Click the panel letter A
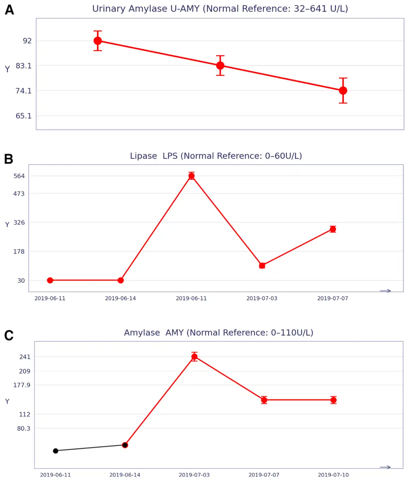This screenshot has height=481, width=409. pyautogui.click(x=9, y=10)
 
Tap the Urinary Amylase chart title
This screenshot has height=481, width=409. pyautogui.click(x=220, y=9)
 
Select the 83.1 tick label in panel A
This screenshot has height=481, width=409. pyautogui.click(x=24, y=66)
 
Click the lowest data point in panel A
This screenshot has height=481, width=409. pyautogui.click(x=343, y=91)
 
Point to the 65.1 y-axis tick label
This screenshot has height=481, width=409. pyautogui.click(x=24, y=116)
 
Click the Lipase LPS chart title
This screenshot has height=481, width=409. pyautogui.click(x=216, y=156)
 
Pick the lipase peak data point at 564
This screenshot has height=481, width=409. pyautogui.click(x=191, y=176)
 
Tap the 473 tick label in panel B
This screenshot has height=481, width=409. pyautogui.click(x=19, y=194)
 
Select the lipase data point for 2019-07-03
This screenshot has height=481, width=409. pyautogui.click(x=262, y=266)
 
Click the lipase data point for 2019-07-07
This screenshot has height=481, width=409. pyautogui.click(x=333, y=229)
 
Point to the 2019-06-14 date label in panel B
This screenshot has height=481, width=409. pyautogui.click(x=120, y=298)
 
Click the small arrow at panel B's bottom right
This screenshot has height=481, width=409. pyautogui.click(x=385, y=291)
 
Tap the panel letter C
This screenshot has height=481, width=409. pyautogui.click(x=9, y=336)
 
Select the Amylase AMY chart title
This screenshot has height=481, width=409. pyautogui.click(x=218, y=332)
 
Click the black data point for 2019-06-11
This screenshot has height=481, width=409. pyautogui.click(x=55, y=451)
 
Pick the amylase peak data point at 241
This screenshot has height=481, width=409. pyautogui.click(x=194, y=357)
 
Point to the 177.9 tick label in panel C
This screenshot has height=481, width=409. pyautogui.click(x=21, y=385)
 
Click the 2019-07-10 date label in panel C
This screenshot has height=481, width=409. pyautogui.click(x=333, y=475)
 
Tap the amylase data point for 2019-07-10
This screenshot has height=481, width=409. pyautogui.click(x=333, y=400)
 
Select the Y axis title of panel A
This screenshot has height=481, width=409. pyautogui.click(x=7, y=69)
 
